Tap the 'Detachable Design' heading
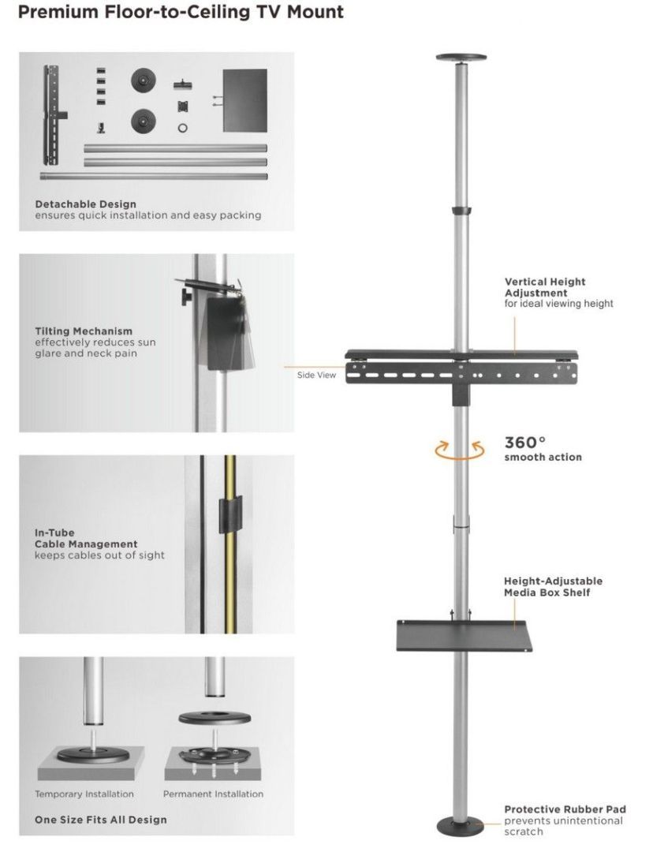click(x=85, y=204)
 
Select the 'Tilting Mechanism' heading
click(x=83, y=331)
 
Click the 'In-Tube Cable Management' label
click(x=85, y=538)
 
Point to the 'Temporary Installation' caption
click(x=84, y=794)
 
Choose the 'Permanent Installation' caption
click(x=213, y=794)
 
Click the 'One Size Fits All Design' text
click(x=100, y=820)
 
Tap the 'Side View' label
click(x=316, y=375)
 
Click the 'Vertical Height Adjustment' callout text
click(x=545, y=287)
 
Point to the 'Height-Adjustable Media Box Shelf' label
click(x=553, y=586)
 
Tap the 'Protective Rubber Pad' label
click(x=565, y=809)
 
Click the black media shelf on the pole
click(x=464, y=635)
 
